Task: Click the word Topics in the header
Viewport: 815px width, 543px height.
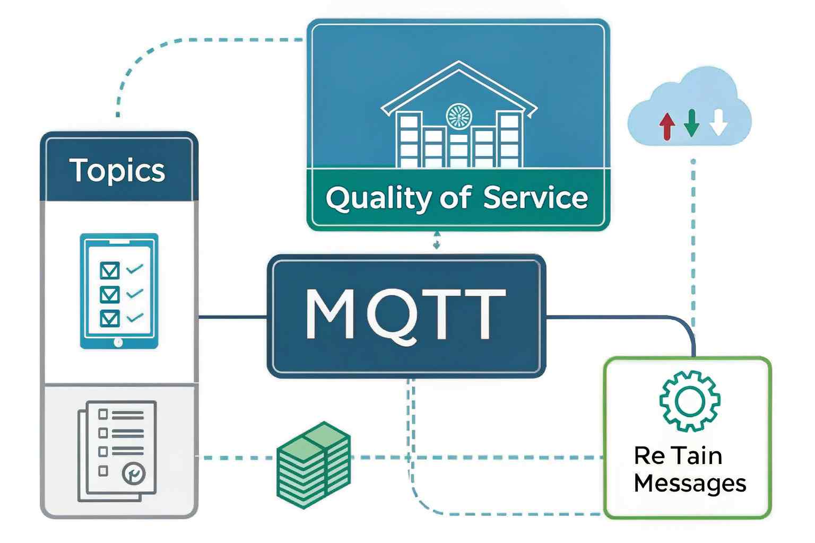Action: click(117, 170)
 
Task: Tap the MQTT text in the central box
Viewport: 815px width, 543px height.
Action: click(406, 314)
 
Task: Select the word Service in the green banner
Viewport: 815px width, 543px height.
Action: click(535, 198)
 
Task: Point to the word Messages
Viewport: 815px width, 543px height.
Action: click(690, 484)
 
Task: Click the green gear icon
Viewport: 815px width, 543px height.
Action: click(689, 401)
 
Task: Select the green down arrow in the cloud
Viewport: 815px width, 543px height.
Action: click(691, 123)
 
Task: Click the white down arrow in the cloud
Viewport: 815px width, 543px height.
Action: click(718, 123)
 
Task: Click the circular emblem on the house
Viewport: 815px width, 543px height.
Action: click(458, 116)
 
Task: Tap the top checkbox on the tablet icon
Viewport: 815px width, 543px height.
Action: click(109, 270)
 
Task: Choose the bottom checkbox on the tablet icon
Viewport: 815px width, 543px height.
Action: click(109, 318)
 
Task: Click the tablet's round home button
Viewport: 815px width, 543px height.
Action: click(118, 342)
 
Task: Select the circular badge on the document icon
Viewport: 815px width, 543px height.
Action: click(133, 474)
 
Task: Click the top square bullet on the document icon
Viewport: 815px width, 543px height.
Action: click(103, 414)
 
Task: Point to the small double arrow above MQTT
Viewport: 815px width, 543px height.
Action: click(437, 240)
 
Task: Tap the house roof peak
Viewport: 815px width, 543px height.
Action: click(458, 63)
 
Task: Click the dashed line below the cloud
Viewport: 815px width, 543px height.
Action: click(693, 239)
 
